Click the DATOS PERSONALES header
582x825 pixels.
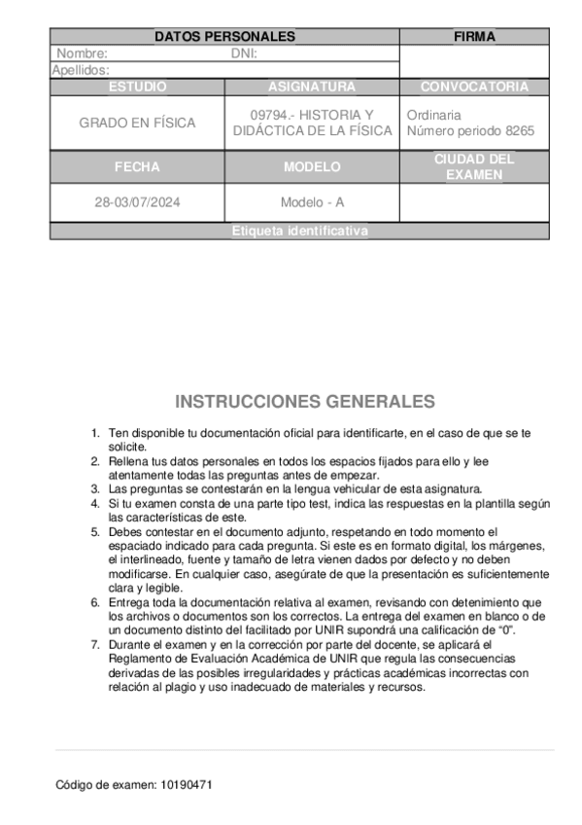click(224, 37)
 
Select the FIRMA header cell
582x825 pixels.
click(474, 37)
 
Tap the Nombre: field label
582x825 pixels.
click(82, 54)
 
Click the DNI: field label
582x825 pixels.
click(244, 54)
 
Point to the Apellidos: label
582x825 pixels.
click(81, 70)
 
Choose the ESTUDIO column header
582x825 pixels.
click(137, 87)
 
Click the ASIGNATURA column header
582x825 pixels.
click(312, 87)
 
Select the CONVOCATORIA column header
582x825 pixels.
click(474, 87)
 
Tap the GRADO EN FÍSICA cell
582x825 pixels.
click(137, 123)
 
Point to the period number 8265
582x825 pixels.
click(516, 131)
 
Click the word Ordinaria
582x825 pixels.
click(434, 115)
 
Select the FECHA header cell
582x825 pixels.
click(137, 167)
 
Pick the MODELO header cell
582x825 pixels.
click(312, 167)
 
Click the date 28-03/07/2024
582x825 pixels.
click(137, 203)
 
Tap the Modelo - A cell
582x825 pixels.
click(312, 203)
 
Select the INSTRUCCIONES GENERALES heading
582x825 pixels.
click(305, 402)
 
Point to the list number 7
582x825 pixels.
click(94, 644)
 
